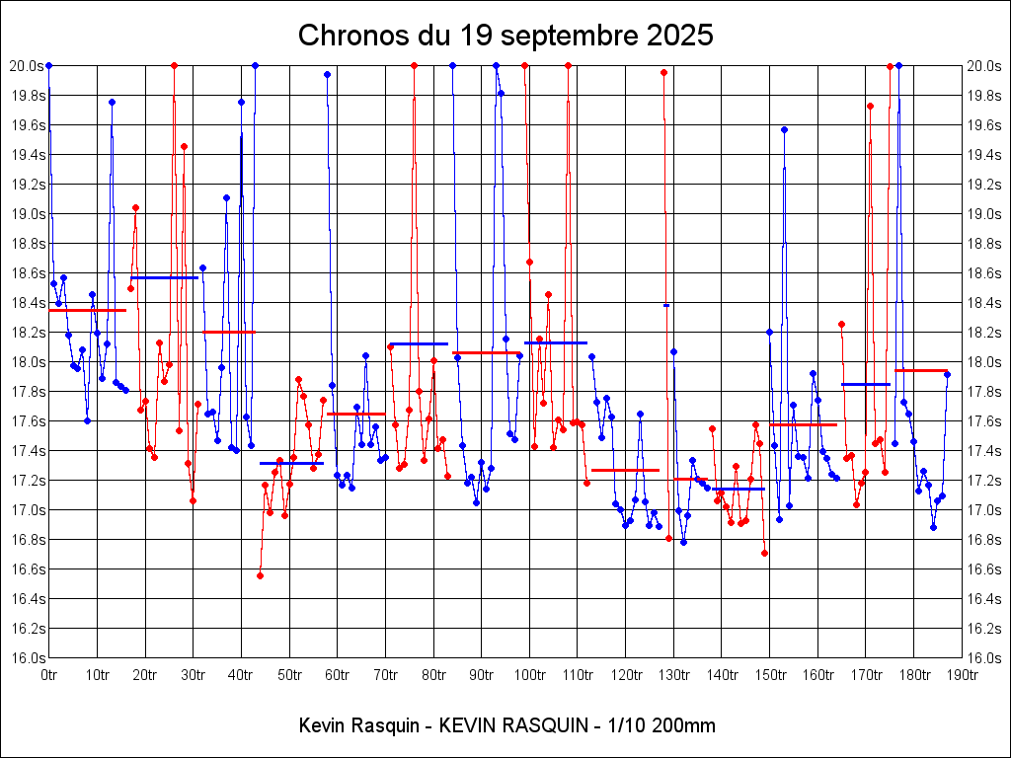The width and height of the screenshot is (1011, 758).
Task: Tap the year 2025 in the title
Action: tap(678, 36)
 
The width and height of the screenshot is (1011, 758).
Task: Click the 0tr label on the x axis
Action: tap(49, 675)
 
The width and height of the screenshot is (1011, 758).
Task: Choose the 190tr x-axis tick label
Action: tap(962, 675)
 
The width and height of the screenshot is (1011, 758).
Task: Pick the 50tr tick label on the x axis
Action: tap(289, 675)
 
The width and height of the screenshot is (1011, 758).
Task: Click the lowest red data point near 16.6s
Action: tap(260, 575)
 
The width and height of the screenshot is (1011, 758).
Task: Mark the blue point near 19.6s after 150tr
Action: tap(784, 129)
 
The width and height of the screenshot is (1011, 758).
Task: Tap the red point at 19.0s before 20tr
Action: tap(135, 208)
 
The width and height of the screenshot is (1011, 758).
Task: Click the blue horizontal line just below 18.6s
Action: tap(164, 277)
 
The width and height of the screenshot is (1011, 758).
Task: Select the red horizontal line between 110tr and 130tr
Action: tap(625, 470)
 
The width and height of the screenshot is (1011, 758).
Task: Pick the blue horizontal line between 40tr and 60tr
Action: tap(291, 463)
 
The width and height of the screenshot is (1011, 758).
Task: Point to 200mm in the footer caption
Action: tap(685, 726)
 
